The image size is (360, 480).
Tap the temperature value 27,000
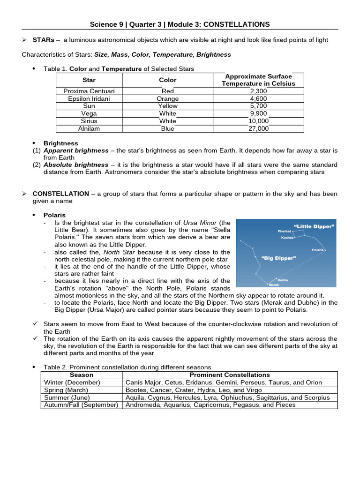(259, 128)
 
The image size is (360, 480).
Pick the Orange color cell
(168, 99)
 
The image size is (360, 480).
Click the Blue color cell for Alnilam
(168, 128)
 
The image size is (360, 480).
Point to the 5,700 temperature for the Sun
(259, 106)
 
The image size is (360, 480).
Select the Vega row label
(89, 113)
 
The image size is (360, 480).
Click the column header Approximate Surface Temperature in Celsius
(259, 80)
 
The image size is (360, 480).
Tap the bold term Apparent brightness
(75, 150)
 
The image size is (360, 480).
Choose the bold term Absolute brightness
(75, 165)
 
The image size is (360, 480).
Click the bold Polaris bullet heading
(55, 215)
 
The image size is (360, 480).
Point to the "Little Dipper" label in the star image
(314, 226)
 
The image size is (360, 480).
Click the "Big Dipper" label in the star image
(278, 258)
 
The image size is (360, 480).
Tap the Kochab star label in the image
(287, 238)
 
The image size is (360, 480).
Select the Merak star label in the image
(274, 285)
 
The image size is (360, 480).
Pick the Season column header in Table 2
(82, 375)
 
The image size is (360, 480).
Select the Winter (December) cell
(72, 382)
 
